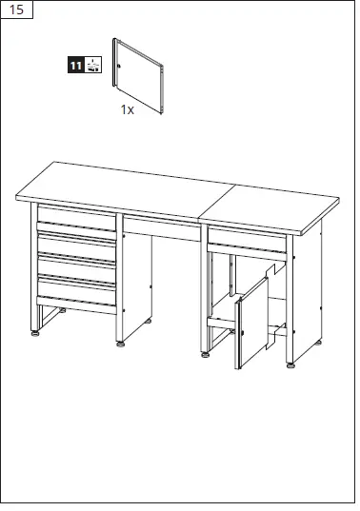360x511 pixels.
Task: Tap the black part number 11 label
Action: (x=75, y=66)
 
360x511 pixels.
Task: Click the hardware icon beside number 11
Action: (x=92, y=66)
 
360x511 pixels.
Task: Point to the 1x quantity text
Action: (x=128, y=110)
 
